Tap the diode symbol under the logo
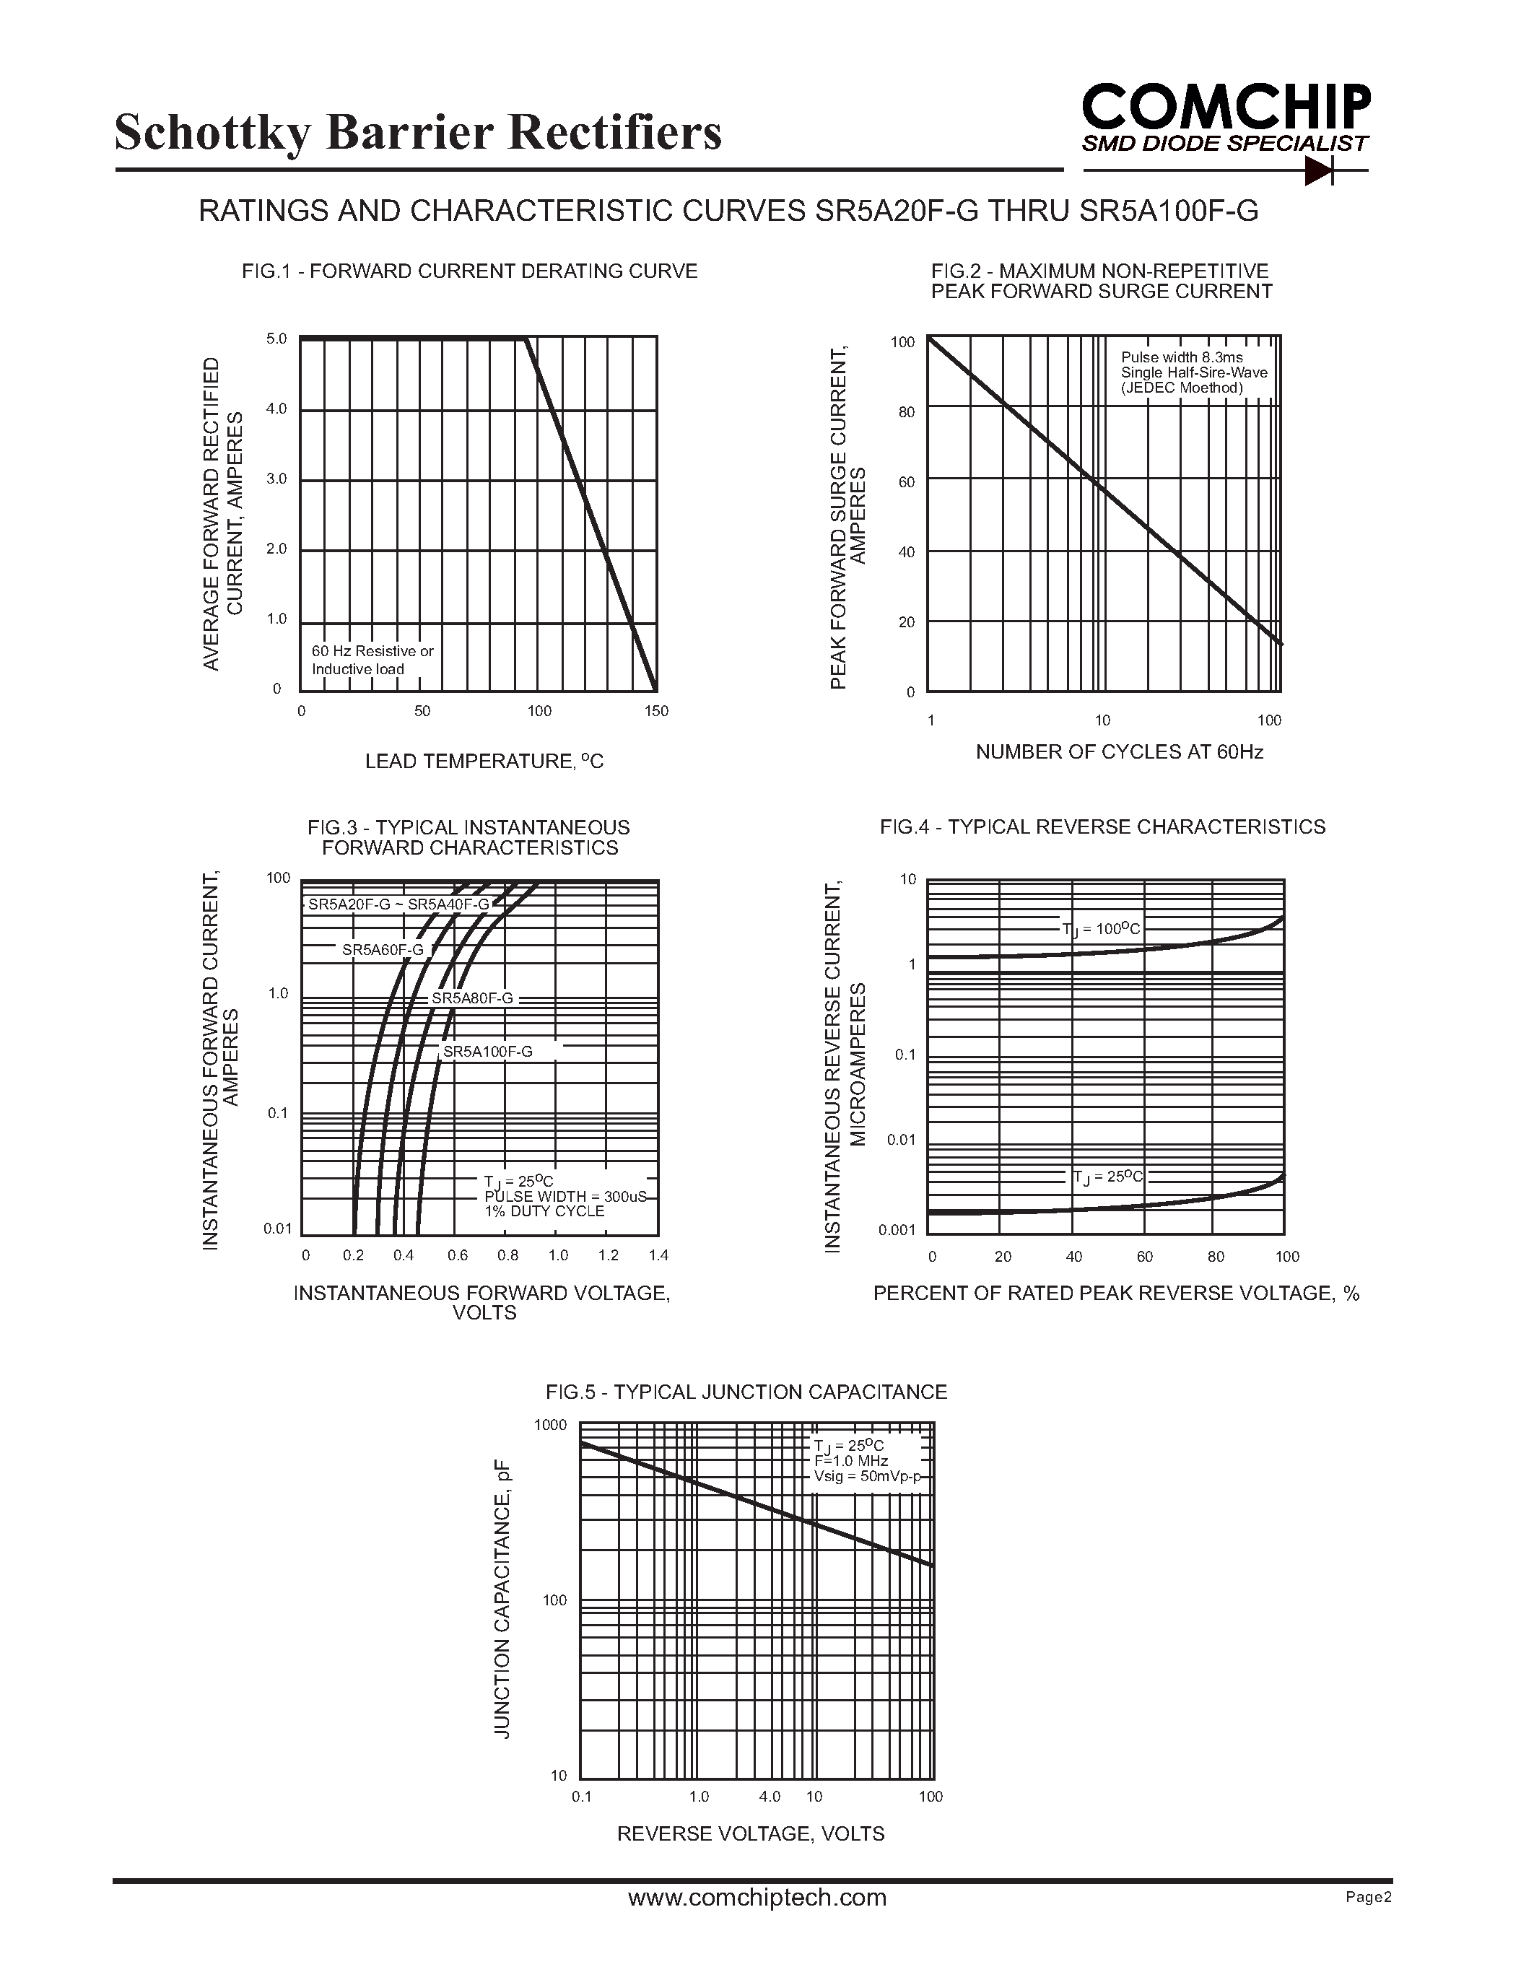pyautogui.click(x=1319, y=170)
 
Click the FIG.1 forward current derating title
pyautogui.click(x=469, y=271)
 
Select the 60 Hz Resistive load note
pyautogui.click(x=372, y=660)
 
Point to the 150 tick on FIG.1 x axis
pyautogui.click(x=656, y=712)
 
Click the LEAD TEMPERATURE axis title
pyautogui.click(x=484, y=762)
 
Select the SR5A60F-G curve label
pyautogui.click(x=383, y=951)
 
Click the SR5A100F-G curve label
pyautogui.click(x=487, y=1052)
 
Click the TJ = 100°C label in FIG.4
pyautogui.click(x=1101, y=929)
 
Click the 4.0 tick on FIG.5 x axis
pyautogui.click(x=769, y=1797)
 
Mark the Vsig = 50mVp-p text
pyautogui.click(x=867, y=1477)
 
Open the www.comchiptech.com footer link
pyautogui.click(x=757, y=1898)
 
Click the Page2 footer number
pyautogui.click(x=1369, y=1898)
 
